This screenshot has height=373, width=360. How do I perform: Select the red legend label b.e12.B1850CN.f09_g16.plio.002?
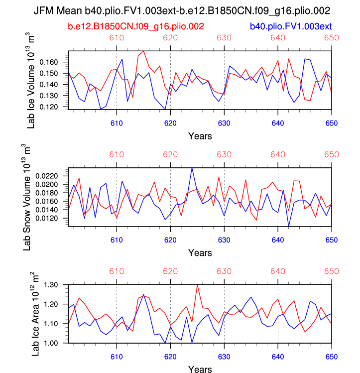point(135,25)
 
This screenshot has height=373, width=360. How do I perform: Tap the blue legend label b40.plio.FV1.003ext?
point(291,25)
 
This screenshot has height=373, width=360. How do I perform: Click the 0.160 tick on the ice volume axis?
point(49,62)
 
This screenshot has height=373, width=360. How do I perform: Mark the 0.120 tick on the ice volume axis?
point(49,107)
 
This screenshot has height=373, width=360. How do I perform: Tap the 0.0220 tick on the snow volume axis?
point(47,176)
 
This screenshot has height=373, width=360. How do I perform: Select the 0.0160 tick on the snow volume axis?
point(47,201)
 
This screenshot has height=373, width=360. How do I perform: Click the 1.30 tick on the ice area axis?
point(52,284)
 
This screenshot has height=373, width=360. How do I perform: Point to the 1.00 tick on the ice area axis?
point(52,343)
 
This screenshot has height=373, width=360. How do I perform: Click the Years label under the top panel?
point(200,135)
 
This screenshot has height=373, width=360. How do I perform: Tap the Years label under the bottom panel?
point(200,369)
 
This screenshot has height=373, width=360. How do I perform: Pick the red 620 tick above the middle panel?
point(170,155)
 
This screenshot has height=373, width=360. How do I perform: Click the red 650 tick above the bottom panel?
point(332,272)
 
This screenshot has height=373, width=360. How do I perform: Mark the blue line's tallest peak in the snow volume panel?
point(192,168)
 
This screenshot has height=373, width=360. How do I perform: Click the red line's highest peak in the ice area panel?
point(197,284)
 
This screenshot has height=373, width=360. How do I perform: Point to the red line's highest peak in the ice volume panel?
point(143,51)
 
